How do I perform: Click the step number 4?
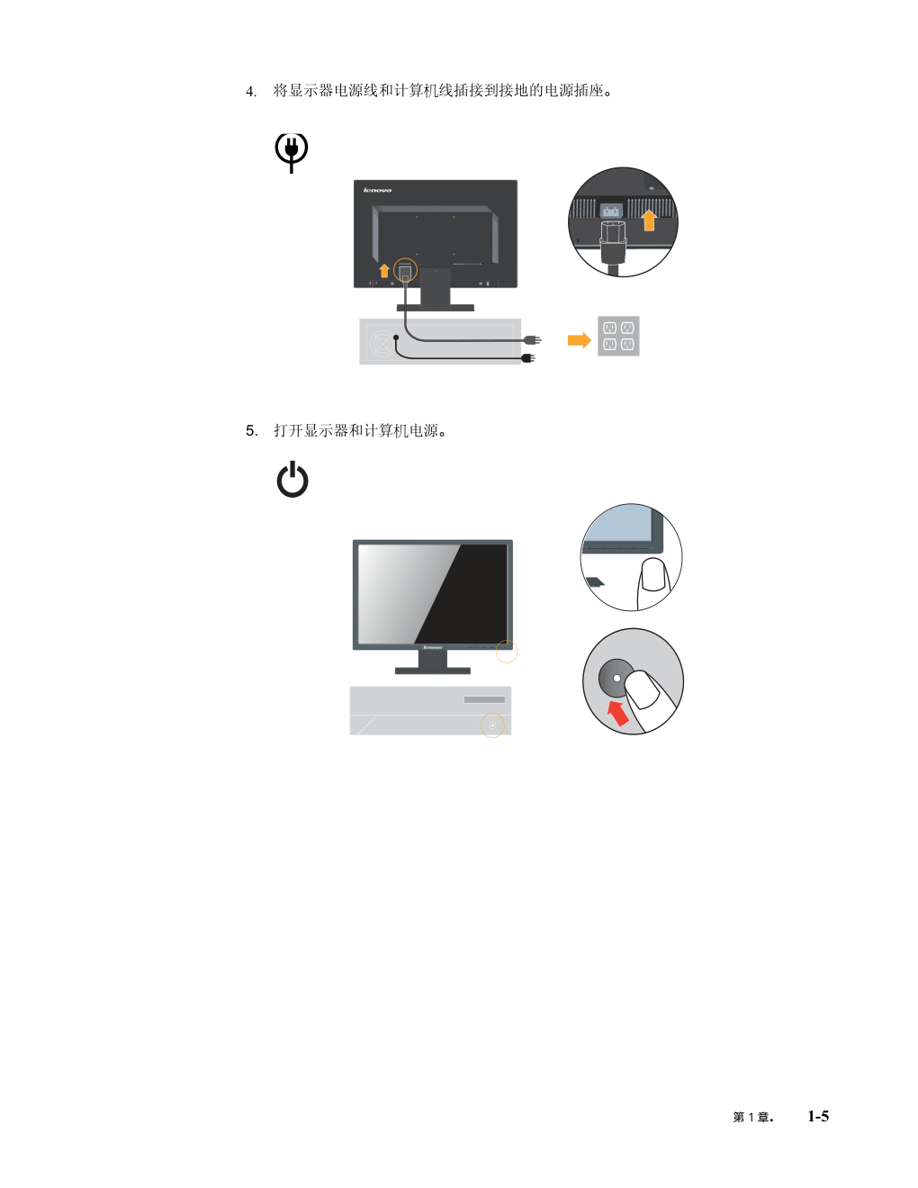click(x=250, y=91)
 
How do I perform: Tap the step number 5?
click(x=251, y=431)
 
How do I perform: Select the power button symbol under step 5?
click(x=292, y=480)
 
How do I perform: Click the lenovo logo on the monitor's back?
click(x=377, y=190)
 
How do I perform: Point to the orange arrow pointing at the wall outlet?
click(x=580, y=340)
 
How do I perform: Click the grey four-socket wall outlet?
click(x=618, y=337)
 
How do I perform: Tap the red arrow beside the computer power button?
click(x=618, y=714)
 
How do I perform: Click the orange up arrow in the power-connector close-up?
click(x=649, y=220)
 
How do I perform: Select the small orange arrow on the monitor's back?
click(x=384, y=270)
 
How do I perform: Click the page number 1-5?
click(x=818, y=1116)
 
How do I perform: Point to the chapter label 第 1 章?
click(x=752, y=1117)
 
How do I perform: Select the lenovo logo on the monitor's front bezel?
click(x=433, y=647)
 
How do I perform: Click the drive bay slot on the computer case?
click(x=484, y=700)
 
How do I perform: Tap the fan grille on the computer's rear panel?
click(x=382, y=343)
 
